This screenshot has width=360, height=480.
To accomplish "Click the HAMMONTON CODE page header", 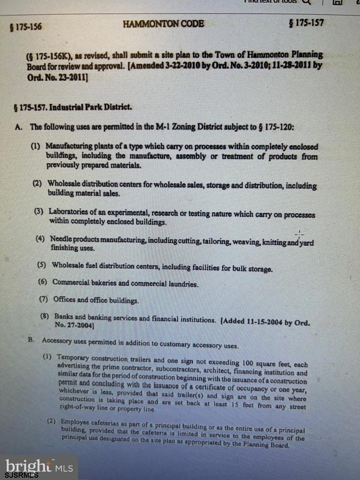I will pos(163,24).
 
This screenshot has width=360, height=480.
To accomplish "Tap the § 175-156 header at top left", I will pos(26,27).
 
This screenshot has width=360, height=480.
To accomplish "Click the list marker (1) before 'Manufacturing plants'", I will pos(36,146).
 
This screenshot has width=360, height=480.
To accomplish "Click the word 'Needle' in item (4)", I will pos(60,239).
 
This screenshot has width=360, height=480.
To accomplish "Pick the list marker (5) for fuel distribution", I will pos(42,265).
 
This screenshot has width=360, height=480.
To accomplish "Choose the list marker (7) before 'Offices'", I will pos(44,299).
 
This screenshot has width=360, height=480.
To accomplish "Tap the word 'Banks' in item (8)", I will pos(64,317).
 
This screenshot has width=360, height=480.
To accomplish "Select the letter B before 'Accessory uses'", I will pos(31,340).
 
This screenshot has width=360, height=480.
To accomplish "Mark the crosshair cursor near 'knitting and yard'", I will pos(299,234).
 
